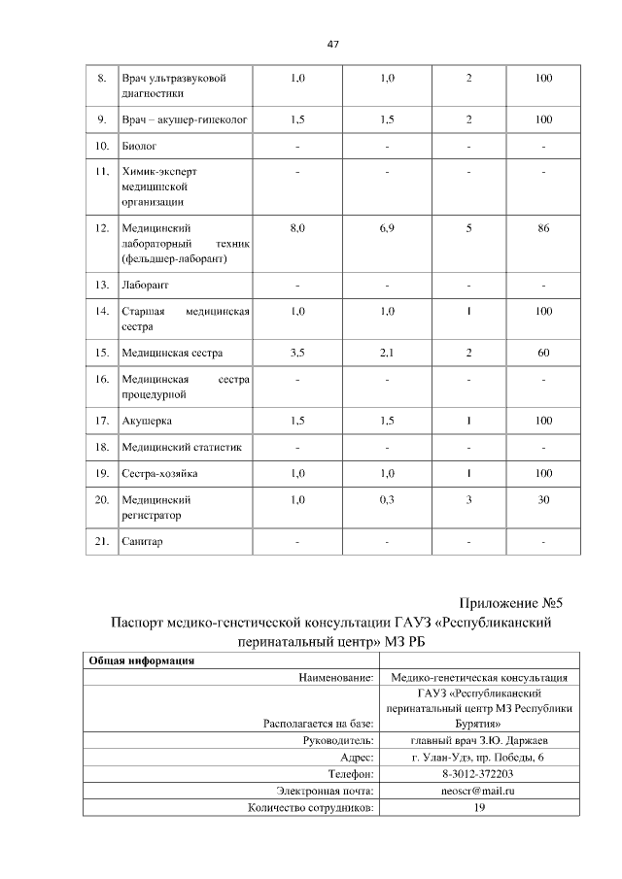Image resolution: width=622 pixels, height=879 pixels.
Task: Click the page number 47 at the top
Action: pos(332,44)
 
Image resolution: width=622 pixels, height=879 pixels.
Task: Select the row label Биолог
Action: pos(137,147)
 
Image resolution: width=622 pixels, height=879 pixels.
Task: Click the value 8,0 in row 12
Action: pos(297,228)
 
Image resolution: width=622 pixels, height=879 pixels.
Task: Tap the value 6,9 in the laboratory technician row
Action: pos(387,228)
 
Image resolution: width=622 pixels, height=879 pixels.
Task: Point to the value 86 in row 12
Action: pos(543,228)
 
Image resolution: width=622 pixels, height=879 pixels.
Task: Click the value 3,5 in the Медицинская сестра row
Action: pos(297,352)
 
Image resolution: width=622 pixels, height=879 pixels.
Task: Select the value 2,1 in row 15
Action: pos(387,352)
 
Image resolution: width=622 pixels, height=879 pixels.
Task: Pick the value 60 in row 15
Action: pos(543,352)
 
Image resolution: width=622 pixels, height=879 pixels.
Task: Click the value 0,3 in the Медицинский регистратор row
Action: pos(387,499)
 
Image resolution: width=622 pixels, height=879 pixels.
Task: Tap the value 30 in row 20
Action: pos(543,499)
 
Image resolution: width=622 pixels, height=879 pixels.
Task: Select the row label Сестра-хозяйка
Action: pos(159,473)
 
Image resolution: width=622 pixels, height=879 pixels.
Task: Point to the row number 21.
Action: pos(101,541)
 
